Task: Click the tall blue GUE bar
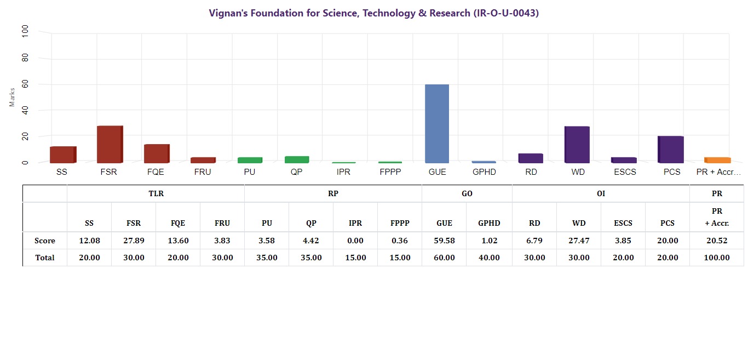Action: coord(437,123)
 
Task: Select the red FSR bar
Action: coord(110,144)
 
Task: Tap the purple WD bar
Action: coord(577,144)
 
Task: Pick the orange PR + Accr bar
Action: coord(717,160)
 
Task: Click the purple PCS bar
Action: coord(671,149)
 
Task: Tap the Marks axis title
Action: coord(12,97)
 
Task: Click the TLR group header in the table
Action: coord(156,193)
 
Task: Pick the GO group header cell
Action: coord(467,193)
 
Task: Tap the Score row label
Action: coord(44,241)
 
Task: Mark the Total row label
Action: coord(44,258)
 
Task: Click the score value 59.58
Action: coord(444,241)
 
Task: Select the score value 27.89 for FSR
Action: coord(133,241)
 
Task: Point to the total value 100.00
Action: coord(716,258)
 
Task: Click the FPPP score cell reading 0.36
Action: coord(399,241)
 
